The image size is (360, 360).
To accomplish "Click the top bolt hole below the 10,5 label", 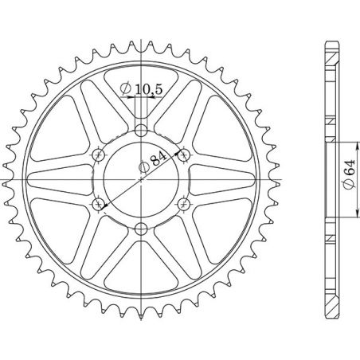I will pyautogui.click(x=141, y=130).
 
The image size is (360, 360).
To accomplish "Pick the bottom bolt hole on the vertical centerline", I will pyautogui.click(x=141, y=230).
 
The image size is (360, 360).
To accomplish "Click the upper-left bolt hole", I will pyautogui.click(x=98, y=155).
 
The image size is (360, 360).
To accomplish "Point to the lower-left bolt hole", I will pyautogui.click(x=98, y=205).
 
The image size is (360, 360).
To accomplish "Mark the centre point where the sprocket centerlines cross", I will pyautogui.click(x=141, y=180).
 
